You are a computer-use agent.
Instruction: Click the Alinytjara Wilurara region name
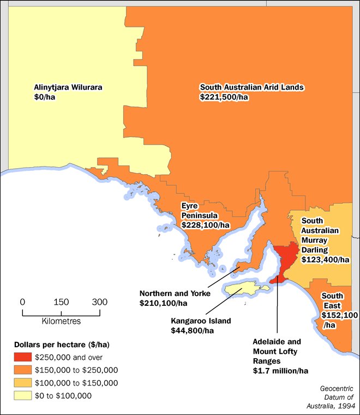pyautogui.click(x=68, y=87)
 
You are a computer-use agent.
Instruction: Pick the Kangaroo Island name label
pyautogui.click(x=201, y=321)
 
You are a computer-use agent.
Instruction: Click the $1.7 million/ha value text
pyautogui.click(x=281, y=371)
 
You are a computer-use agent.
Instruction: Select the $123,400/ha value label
pyautogui.click(x=326, y=260)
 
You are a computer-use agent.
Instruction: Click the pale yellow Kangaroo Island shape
pyautogui.click(x=243, y=288)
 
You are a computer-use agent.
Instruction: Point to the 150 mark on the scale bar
pyautogui.click(x=61, y=302)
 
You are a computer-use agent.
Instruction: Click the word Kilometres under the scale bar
pyautogui.click(x=61, y=321)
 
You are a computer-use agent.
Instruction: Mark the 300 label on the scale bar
pyautogui.click(x=100, y=302)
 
